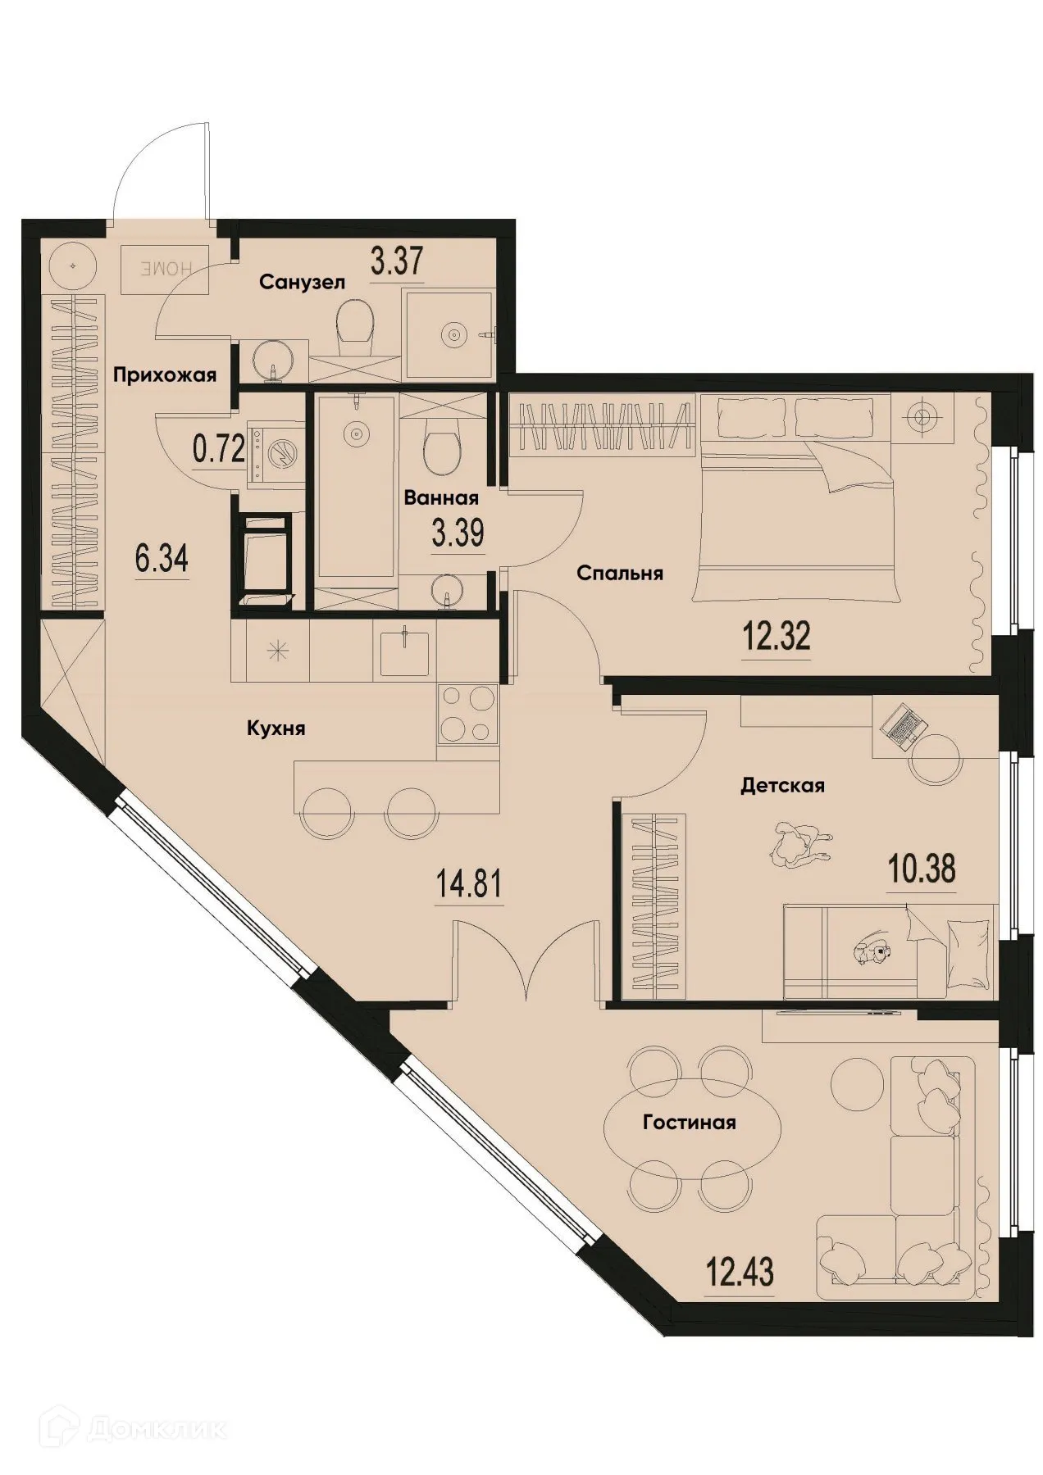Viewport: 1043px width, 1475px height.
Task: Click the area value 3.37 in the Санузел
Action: click(397, 262)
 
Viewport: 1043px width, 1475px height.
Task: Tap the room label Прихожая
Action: click(165, 375)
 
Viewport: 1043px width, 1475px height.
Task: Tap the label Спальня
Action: click(619, 573)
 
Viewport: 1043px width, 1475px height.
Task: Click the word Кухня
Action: click(276, 728)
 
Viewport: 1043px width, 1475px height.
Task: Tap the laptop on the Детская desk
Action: click(903, 726)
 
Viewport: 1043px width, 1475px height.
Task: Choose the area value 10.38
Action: click(922, 868)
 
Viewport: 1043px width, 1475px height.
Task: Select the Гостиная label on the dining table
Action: click(689, 1122)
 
